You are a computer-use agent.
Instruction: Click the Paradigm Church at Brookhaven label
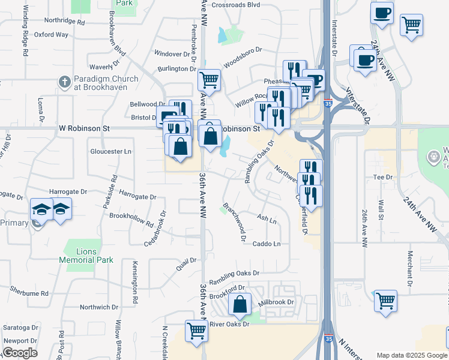pyautogui.click(x=106, y=83)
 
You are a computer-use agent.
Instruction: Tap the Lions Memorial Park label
pyautogui.click(x=86, y=256)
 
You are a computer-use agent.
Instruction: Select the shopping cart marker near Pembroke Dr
pyautogui.click(x=209, y=79)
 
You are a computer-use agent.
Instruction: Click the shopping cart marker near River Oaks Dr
pyautogui.click(x=196, y=330)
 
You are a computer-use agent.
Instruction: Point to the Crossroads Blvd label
pyautogui.click(x=236, y=4)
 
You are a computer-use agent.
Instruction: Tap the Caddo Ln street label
pyautogui.click(x=267, y=244)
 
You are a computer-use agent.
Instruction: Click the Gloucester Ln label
pyautogui.click(x=111, y=151)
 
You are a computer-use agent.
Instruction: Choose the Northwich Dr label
pyautogui.click(x=99, y=307)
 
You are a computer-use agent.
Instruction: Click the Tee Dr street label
pyautogui.click(x=382, y=177)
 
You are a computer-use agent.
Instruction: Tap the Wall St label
pyautogui.click(x=381, y=207)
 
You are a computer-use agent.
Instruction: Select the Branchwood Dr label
pyautogui.click(x=235, y=221)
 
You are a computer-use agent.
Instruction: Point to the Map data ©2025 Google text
pyautogui.click(x=411, y=355)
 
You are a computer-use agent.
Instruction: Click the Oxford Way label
pyautogui.click(x=51, y=35)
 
